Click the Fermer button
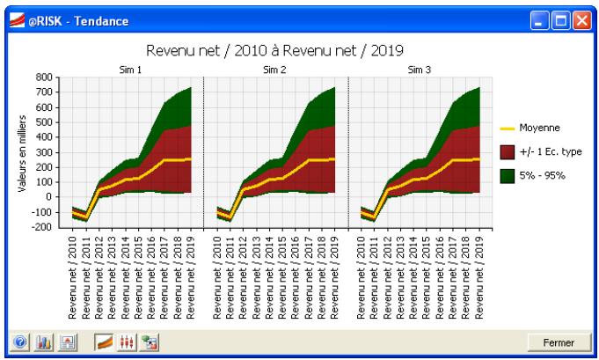point(559,342)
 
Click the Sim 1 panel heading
point(130,68)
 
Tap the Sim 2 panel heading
point(275,68)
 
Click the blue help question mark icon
point(18,342)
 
